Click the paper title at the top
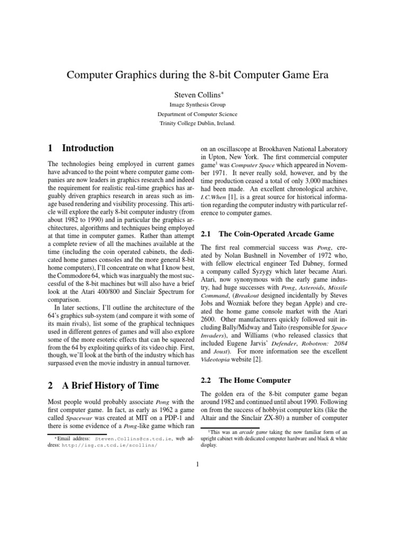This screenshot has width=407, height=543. click(x=197, y=75)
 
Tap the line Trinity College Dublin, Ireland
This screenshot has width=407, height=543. click(x=197, y=123)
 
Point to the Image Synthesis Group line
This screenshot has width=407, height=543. click(x=197, y=105)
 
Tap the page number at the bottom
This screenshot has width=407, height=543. click(x=197, y=466)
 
